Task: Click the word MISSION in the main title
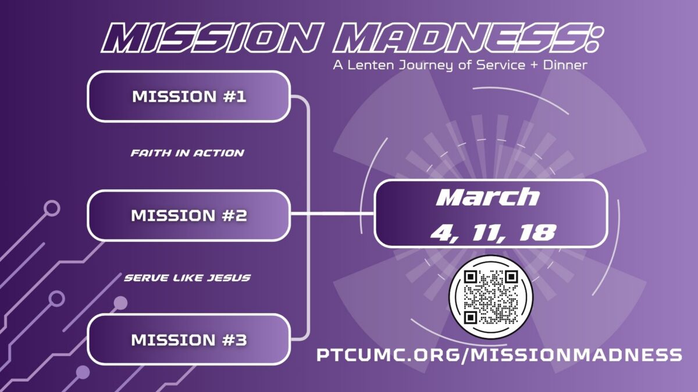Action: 211,38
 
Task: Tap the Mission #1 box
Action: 189,96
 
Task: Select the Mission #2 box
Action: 189,215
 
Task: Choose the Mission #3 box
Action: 189,339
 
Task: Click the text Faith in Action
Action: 187,153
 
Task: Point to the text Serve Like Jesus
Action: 187,278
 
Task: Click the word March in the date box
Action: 487,197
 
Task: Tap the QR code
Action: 491,297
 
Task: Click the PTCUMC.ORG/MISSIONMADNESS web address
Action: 499,355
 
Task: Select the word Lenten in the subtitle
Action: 371,65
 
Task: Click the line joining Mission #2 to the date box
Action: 332,214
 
